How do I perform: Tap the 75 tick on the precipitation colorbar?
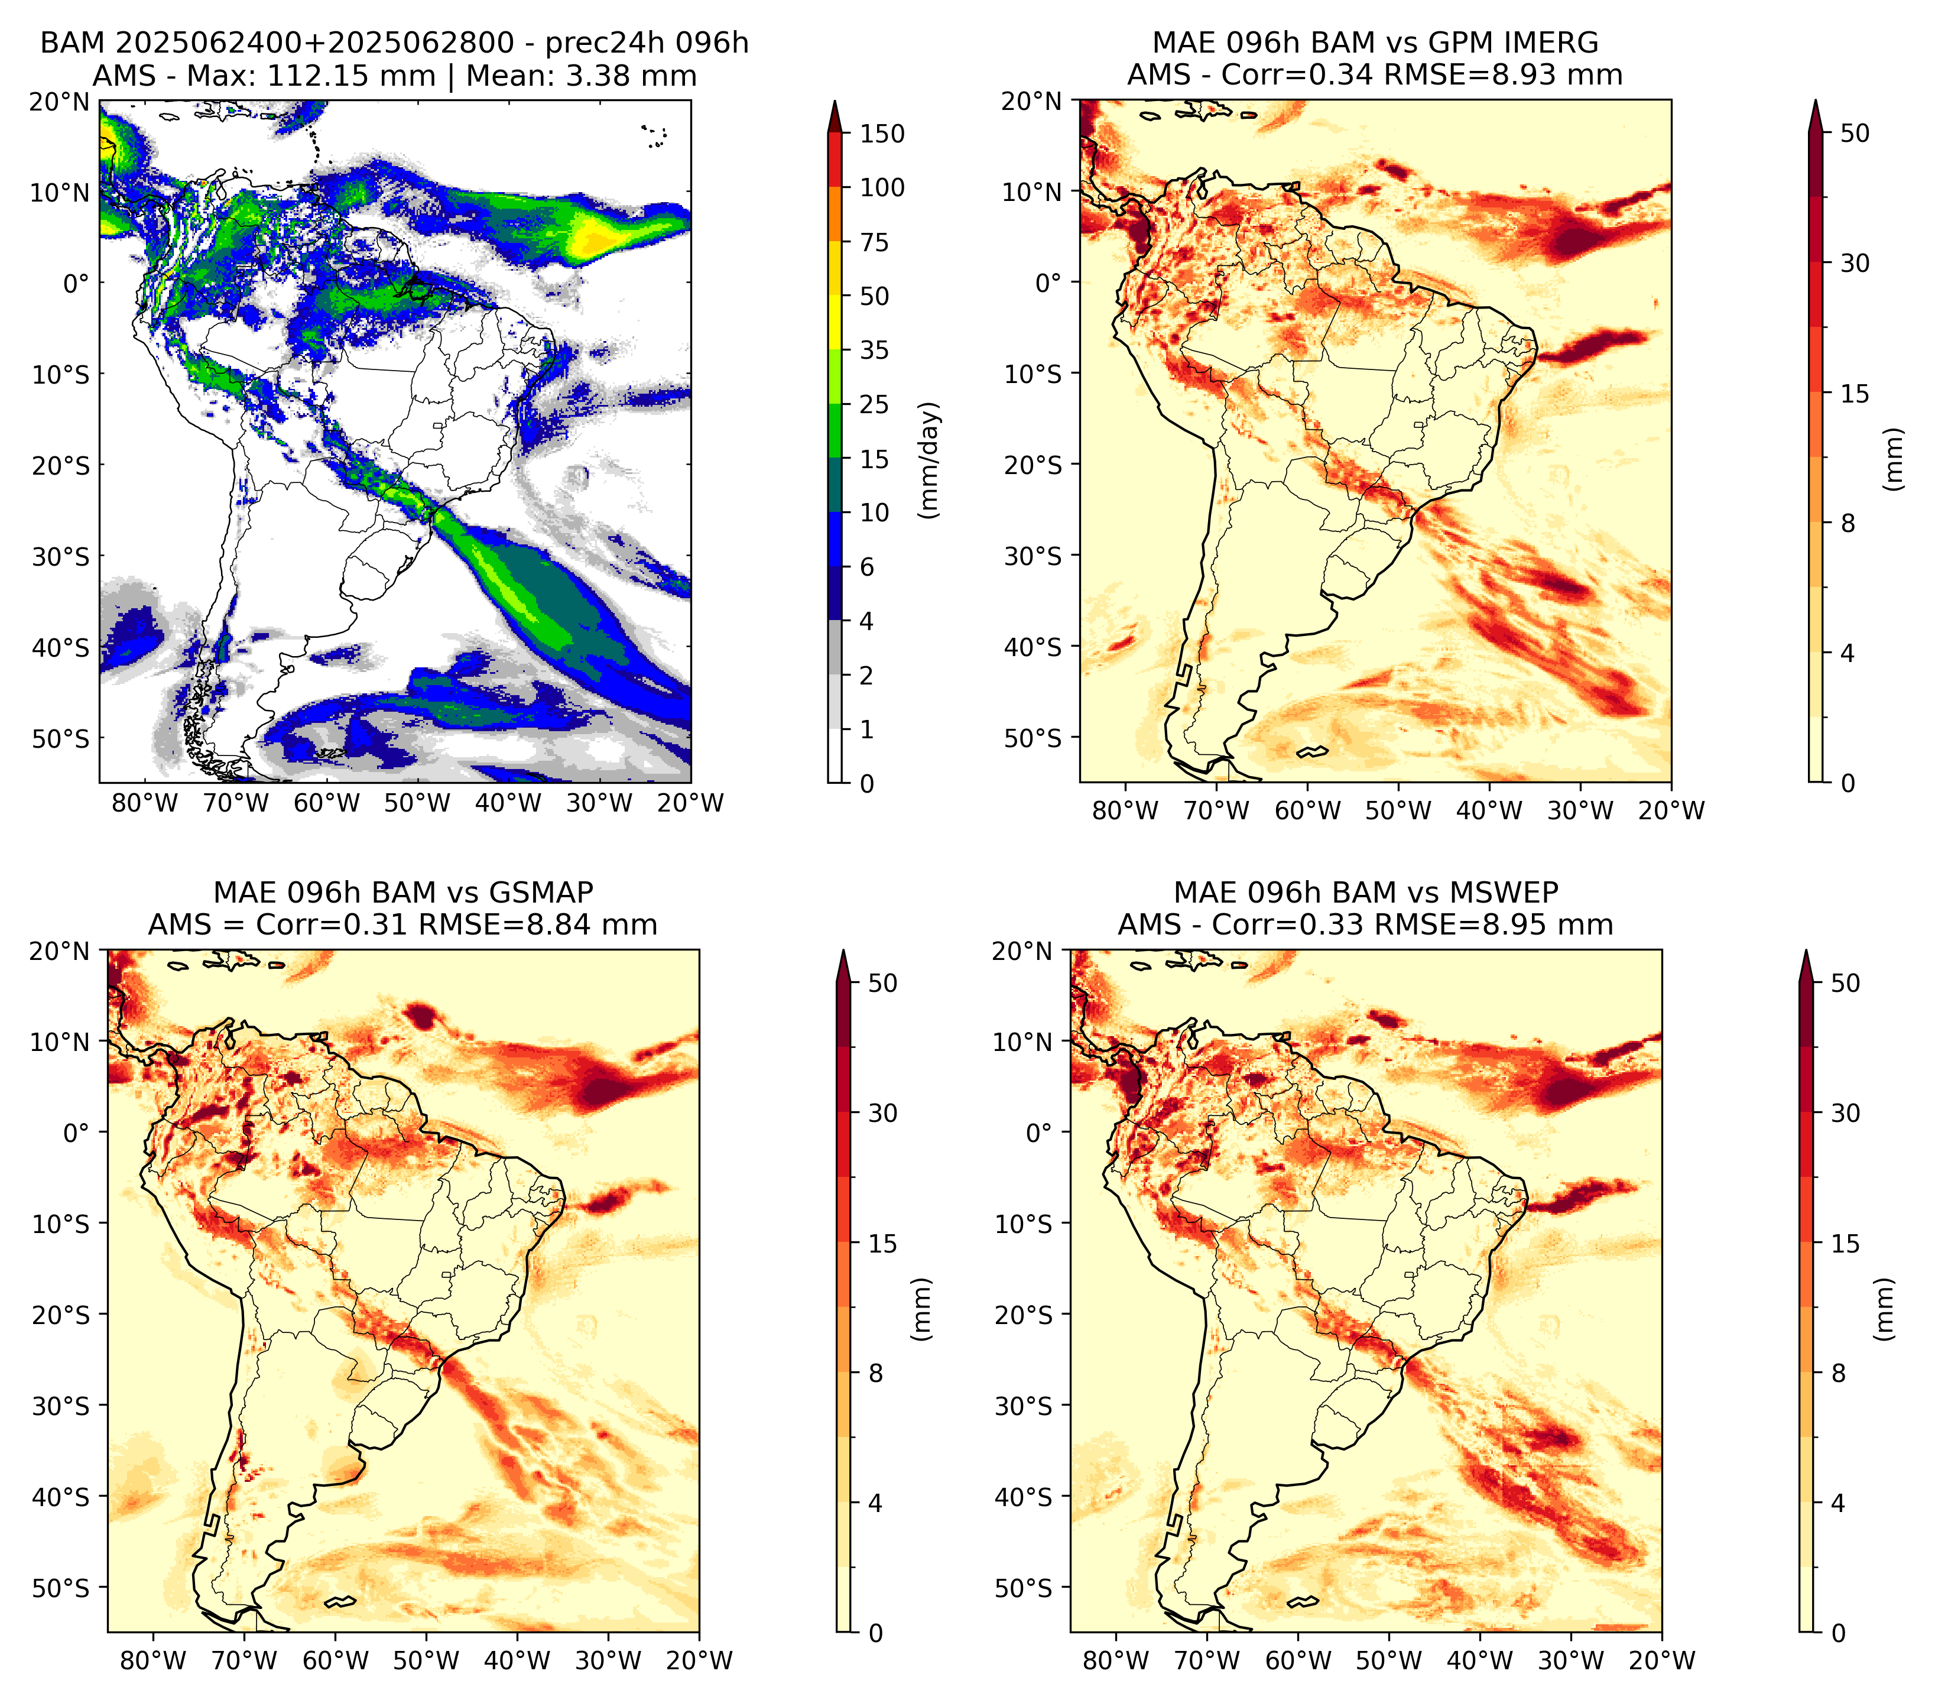874,242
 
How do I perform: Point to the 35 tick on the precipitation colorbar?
874,350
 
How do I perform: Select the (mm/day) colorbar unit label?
931,460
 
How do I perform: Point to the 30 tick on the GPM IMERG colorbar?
1855,263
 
